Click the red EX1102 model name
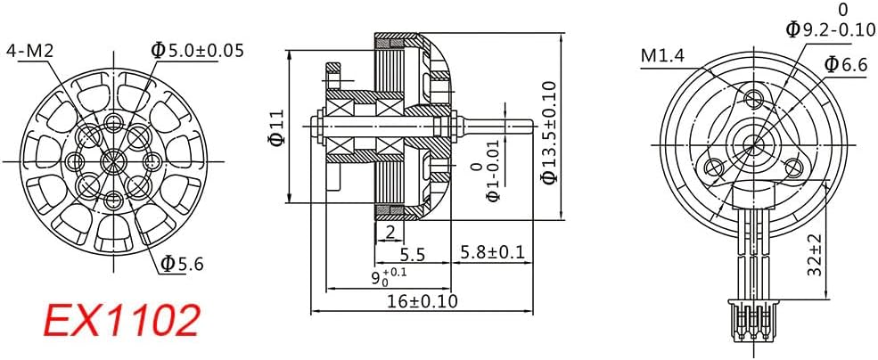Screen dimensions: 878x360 click(122, 320)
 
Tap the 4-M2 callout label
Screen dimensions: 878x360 click(29, 52)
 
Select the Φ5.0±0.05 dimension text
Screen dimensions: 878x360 click(198, 51)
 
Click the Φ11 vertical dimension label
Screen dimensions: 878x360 click(276, 127)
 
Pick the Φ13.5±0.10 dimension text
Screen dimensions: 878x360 click(549, 132)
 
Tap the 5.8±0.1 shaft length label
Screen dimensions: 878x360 click(492, 252)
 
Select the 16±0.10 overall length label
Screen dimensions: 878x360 click(423, 301)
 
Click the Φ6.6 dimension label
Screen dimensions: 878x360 click(847, 65)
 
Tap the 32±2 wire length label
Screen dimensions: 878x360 click(816, 255)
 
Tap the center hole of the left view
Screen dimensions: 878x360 click(113, 161)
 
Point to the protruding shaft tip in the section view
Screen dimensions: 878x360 click(529, 125)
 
